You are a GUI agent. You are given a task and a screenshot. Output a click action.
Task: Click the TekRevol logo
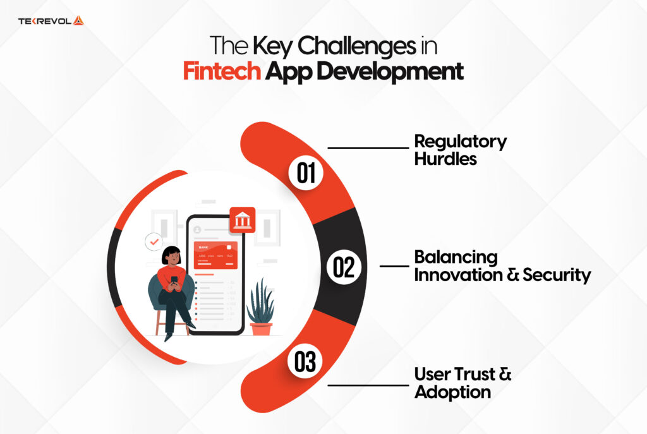51,21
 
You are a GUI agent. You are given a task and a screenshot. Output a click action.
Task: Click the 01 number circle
306,173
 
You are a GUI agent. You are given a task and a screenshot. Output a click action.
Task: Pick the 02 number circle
343,268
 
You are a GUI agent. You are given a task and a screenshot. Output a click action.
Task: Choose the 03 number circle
305,363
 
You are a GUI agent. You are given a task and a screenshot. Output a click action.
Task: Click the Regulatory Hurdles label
460,150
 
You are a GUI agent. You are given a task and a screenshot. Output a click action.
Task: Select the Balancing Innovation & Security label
502,266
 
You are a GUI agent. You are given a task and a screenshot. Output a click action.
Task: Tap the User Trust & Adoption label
462,382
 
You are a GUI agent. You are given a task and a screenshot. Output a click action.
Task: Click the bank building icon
243,220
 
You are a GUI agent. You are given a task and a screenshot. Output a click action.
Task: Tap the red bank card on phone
215,256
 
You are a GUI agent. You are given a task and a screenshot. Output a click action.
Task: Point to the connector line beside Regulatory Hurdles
368,148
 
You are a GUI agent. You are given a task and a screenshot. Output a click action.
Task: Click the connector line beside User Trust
368,384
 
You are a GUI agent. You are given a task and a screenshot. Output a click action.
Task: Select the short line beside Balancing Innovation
394,266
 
